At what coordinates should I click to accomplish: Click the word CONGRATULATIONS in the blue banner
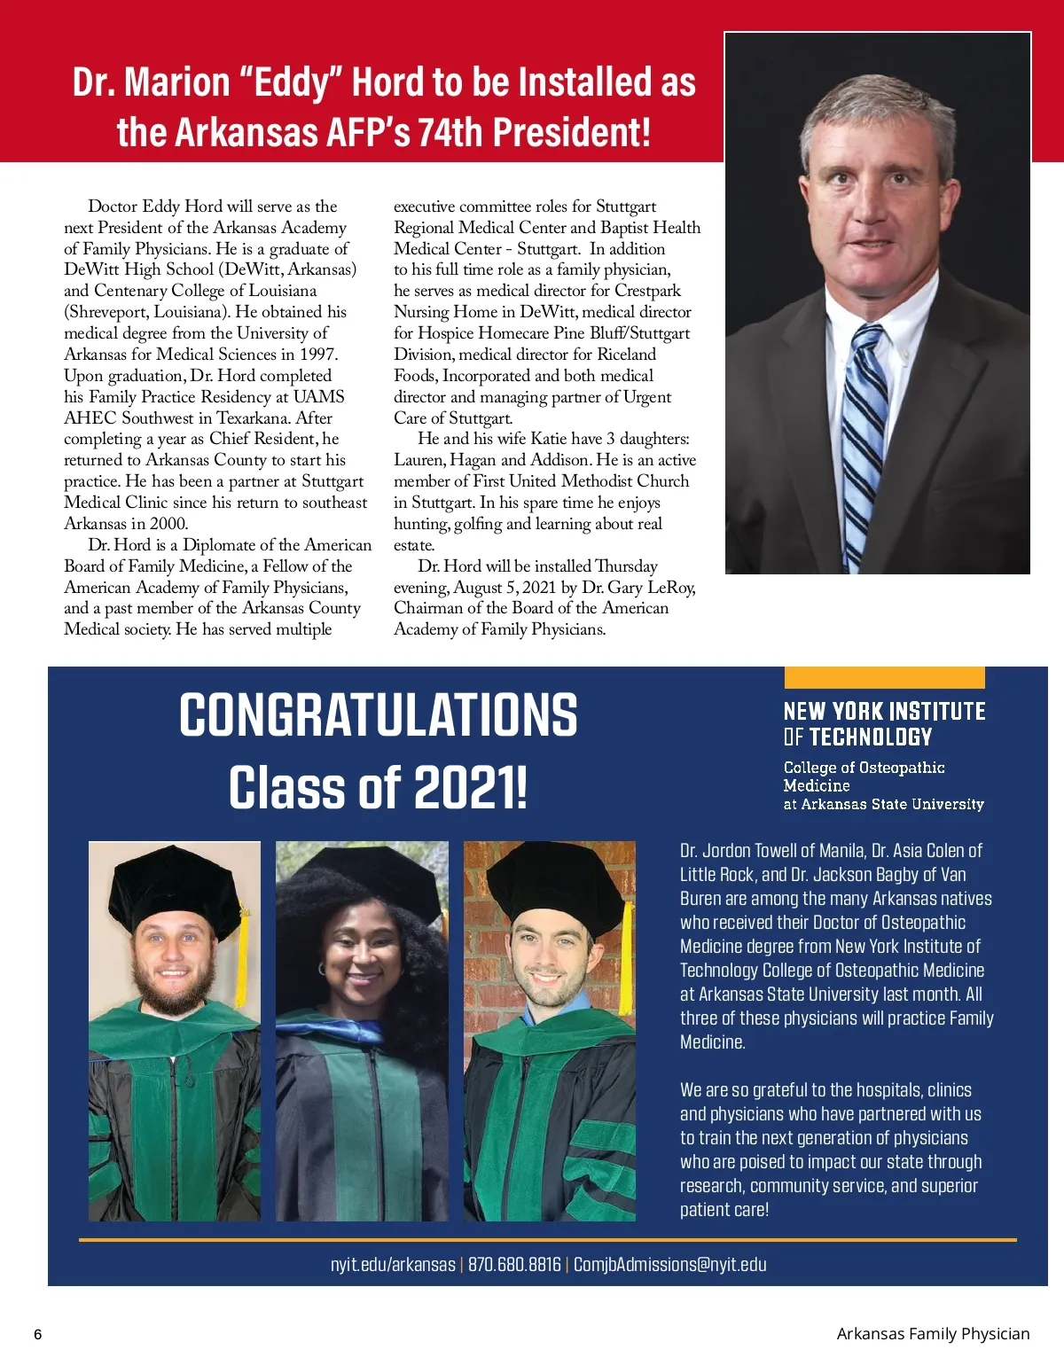[378, 715]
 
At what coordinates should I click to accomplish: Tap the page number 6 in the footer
[37, 1335]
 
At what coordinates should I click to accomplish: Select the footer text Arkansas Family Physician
[933, 1334]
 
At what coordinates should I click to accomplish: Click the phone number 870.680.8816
[514, 1265]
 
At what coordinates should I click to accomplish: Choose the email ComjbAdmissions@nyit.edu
[669, 1265]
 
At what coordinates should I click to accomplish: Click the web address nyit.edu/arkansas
[393, 1265]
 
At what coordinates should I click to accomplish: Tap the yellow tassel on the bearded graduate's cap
[241, 948]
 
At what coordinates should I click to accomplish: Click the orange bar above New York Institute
[884, 678]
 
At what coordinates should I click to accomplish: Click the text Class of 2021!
[378, 788]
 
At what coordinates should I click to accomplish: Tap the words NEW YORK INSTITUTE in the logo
[884, 712]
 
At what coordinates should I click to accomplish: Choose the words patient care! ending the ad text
[724, 1210]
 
